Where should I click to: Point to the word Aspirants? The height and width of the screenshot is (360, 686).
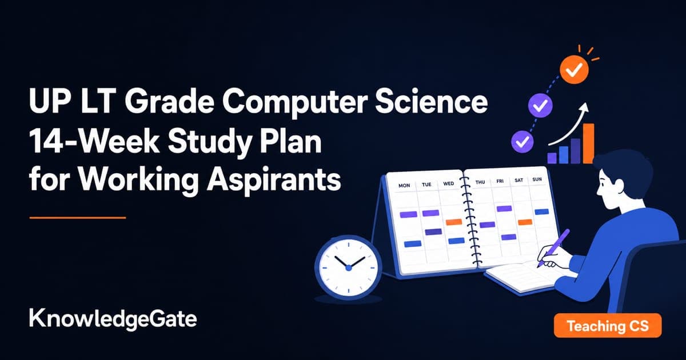[x=273, y=181]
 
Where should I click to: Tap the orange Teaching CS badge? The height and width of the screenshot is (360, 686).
[x=608, y=326]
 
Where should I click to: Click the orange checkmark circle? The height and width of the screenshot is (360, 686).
[x=574, y=70]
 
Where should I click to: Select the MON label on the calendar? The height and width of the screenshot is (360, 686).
[x=404, y=185]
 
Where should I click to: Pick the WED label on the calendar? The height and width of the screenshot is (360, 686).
[x=448, y=183]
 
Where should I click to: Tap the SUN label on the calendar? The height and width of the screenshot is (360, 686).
[x=537, y=179]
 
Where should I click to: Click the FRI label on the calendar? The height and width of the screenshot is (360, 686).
[x=500, y=181]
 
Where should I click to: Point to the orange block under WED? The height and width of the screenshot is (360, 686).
[x=453, y=222]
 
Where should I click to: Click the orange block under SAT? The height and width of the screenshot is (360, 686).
[x=525, y=222]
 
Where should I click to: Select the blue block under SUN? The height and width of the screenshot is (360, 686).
[x=541, y=211]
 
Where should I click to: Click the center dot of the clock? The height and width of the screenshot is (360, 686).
[x=348, y=268]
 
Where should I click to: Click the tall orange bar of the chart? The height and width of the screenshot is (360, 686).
[x=588, y=143]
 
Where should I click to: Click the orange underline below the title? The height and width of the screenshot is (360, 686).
[x=78, y=218]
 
